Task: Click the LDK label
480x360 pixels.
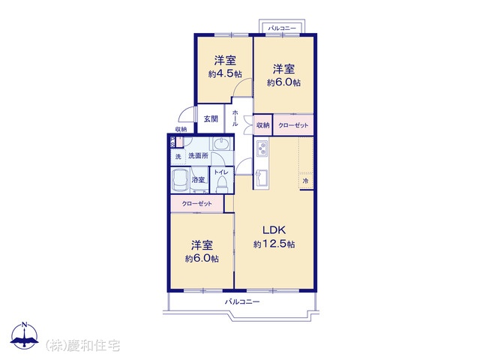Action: (274, 229)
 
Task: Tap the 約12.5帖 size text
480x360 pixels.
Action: (274, 244)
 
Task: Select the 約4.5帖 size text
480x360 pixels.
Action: (225, 73)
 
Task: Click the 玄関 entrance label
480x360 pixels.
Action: (211, 118)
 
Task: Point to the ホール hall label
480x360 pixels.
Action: (235, 118)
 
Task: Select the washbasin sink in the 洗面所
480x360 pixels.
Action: (222, 143)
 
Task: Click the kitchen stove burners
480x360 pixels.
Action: (262, 148)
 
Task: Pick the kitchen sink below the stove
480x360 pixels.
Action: (262, 178)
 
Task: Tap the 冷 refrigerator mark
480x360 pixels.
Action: (305, 181)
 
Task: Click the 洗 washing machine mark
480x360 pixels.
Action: (178, 157)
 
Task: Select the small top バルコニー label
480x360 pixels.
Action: (282, 28)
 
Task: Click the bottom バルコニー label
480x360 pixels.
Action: (242, 301)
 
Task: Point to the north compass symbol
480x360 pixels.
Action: (25, 335)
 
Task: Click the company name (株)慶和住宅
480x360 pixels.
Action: (82, 345)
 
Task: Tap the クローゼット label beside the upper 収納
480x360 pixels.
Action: (293, 125)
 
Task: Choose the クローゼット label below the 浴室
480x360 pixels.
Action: (196, 203)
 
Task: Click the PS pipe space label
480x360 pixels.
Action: (172, 142)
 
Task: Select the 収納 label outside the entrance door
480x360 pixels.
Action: (181, 130)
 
